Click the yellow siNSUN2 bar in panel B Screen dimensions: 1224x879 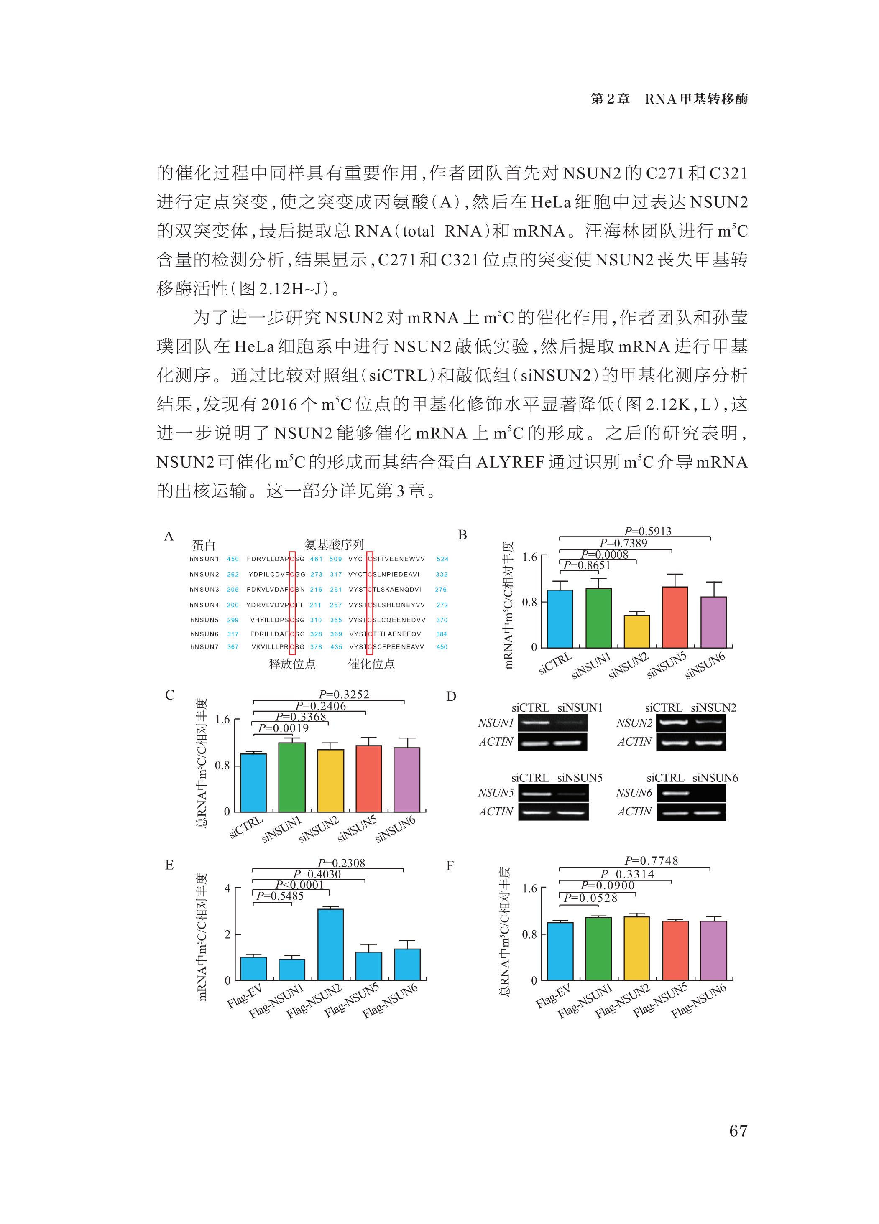[x=636, y=631]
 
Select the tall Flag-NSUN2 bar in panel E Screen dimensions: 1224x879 [x=330, y=944]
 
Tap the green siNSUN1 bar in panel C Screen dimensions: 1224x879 [x=291, y=777]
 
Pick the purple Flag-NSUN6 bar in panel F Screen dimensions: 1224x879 [x=713, y=950]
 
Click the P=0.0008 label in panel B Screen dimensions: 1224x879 [x=604, y=554]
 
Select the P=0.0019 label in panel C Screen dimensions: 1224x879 [x=284, y=728]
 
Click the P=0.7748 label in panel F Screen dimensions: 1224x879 [x=651, y=860]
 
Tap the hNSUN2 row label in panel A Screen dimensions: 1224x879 [x=204, y=574]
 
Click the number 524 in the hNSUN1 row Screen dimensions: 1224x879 [x=442, y=559]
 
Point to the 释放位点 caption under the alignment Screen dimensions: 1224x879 [x=292, y=664]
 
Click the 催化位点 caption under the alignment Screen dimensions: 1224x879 [x=371, y=664]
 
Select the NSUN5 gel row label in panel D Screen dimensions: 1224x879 [x=496, y=793]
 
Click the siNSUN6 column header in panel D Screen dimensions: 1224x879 [x=715, y=778]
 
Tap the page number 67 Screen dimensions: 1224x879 [x=738, y=1131]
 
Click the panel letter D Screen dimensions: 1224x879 [x=451, y=696]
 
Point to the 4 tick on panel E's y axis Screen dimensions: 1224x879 [x=227, y=888]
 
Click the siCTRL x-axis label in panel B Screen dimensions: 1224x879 [x=555, y=663]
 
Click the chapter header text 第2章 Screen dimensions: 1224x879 [x=610, y=99]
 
